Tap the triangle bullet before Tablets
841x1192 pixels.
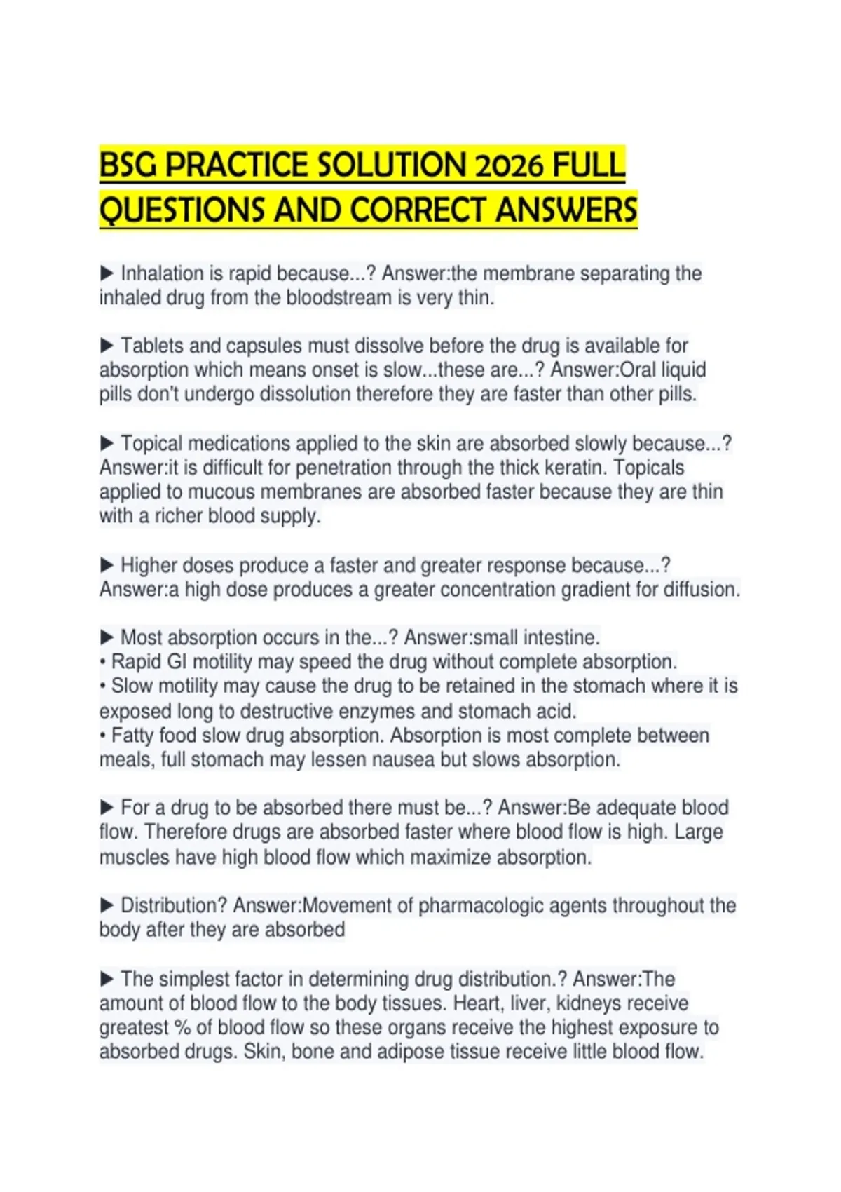[107, 345]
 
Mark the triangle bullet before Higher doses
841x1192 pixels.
[107, 564]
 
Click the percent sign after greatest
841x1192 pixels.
[183, 1027]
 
